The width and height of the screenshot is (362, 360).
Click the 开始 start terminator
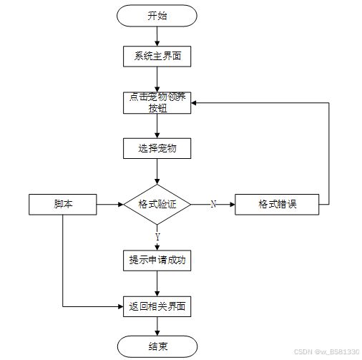[157, 16]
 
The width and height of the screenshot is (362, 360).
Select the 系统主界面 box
[157, 57]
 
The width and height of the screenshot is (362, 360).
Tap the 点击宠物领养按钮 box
[157, 103]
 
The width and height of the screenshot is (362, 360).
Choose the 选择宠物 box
[157, 148]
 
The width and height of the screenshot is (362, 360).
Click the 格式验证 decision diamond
[157, 205]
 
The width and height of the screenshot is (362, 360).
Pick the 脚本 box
[63, 205]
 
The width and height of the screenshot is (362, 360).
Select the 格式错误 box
[277, 205]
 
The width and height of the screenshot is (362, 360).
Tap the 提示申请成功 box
[157, 261]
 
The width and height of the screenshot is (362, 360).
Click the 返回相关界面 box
[157, 306]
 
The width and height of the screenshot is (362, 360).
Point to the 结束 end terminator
[157, 346]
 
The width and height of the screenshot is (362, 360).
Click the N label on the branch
[213, 204]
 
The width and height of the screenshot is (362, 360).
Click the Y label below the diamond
[157, 237]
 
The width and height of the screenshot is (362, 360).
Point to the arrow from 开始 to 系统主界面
[157, 37]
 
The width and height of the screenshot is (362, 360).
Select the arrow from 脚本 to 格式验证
[110, 205]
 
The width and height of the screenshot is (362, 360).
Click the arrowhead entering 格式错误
[233, 205]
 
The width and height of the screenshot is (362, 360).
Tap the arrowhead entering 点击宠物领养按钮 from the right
[194, 103]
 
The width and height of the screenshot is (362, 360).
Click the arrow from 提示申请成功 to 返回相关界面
[157, 283]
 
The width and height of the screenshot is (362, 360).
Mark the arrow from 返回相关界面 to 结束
[157, 326]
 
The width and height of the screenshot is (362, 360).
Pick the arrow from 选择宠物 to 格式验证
[157, 172]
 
